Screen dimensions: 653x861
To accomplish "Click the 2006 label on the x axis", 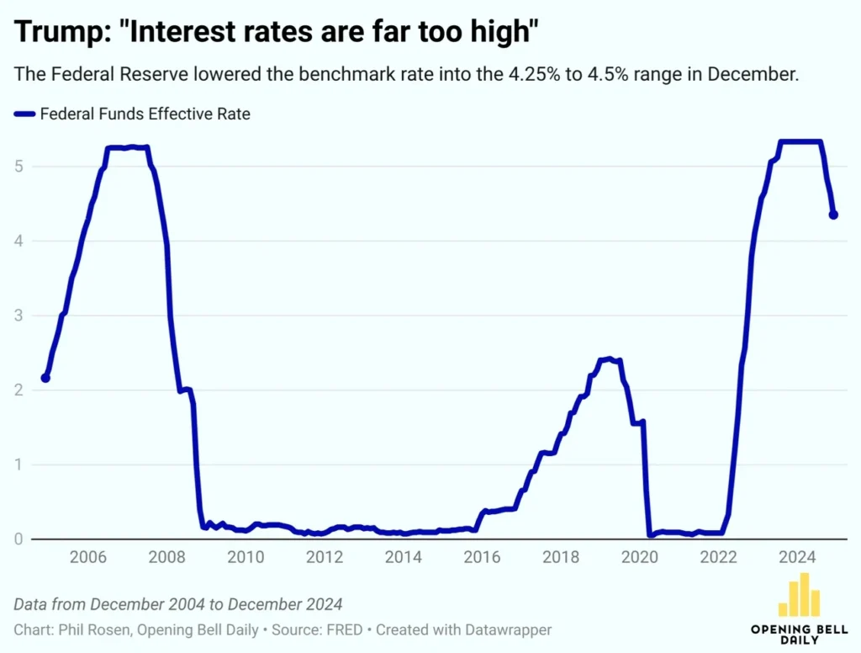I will click(x=87, y=556).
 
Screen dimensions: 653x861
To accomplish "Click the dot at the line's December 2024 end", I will click(x=833, y=215).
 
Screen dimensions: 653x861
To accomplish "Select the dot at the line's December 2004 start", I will click(x=45, y=378).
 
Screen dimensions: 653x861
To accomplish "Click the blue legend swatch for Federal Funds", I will click(x=24, y=114).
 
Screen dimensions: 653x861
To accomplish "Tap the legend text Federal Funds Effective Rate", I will click(x=145, y=114).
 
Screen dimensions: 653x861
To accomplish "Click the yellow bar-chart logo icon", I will click(x=799, y=595).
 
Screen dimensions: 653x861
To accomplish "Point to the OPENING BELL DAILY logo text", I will click(x=799, y=634).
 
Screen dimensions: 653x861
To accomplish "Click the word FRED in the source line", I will click(x=346, y=629).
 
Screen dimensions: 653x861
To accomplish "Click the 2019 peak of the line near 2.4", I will click(x=610, y=359).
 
